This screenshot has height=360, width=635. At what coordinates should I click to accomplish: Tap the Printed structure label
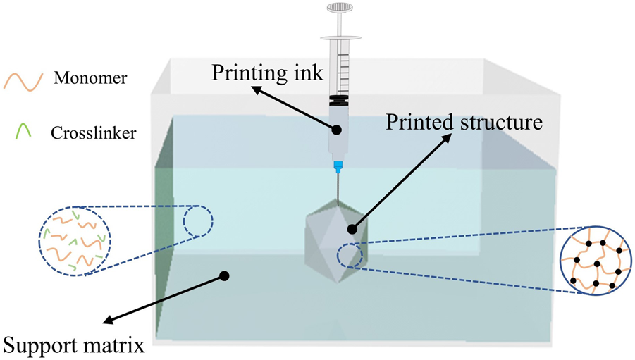coord(464,123)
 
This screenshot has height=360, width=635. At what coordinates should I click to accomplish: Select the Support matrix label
coord(74,346)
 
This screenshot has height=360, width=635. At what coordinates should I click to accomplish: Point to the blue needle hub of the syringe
coord(339,168)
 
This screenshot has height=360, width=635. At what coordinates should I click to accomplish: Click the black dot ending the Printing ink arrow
coord(337,130)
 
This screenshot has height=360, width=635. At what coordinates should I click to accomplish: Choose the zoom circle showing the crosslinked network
coord(595,259)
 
